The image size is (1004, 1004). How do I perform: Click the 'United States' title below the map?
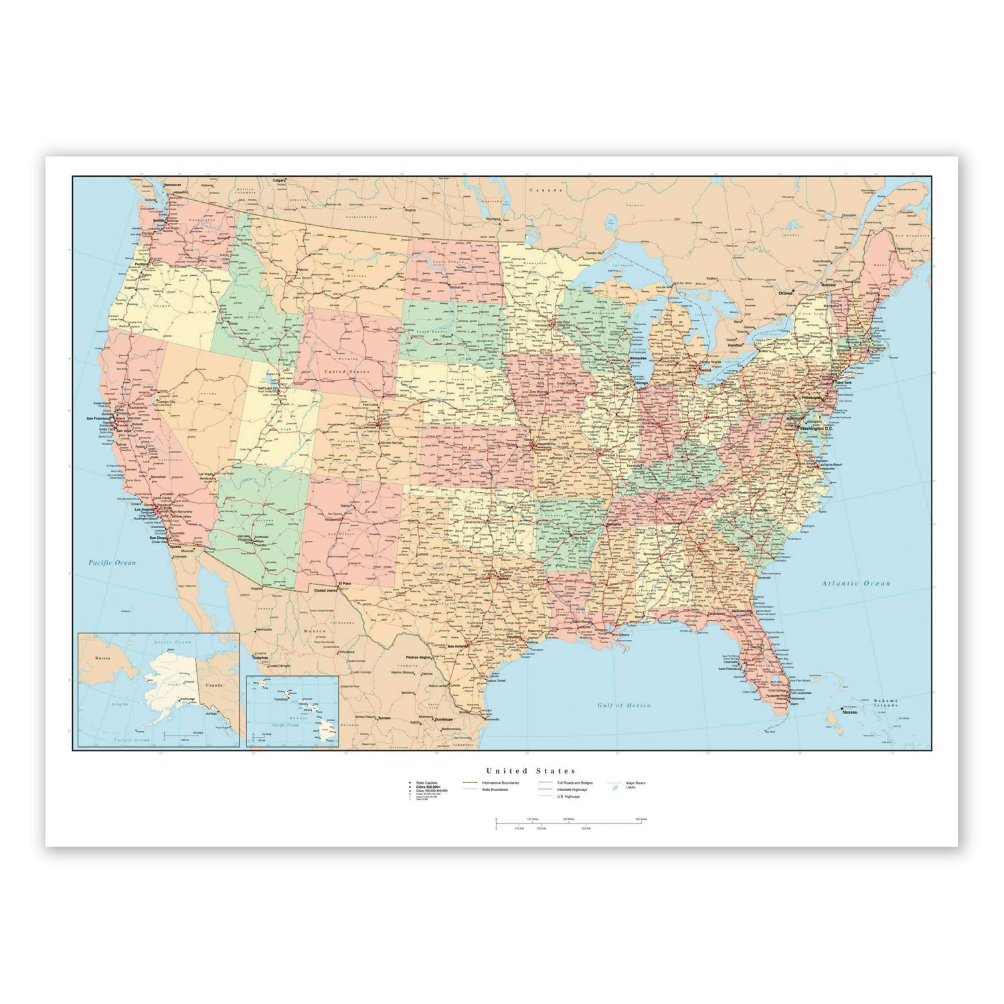click(531, 771)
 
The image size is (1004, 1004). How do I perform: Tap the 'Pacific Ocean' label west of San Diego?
click(112, 563)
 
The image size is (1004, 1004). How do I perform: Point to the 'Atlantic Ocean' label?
click(856, 584)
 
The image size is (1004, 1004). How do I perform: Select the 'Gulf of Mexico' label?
click(624, 705)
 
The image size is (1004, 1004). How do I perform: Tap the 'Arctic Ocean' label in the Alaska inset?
click(173, 642)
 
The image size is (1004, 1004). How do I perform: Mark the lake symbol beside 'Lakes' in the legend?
click(615, 788)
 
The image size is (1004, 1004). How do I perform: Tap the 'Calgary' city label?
click(280, 180)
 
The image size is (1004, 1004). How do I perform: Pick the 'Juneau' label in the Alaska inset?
click(212, 715)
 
